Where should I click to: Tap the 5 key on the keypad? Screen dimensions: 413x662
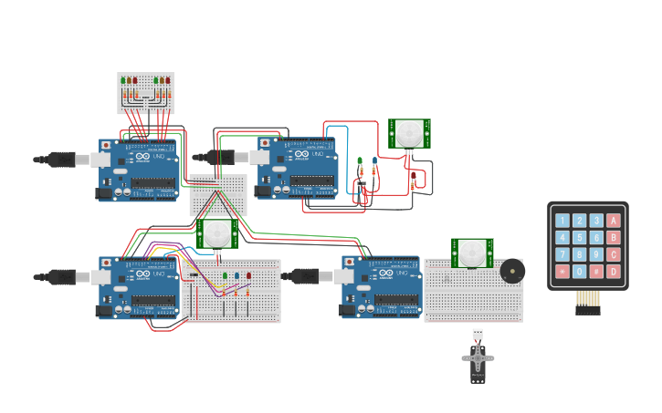579,238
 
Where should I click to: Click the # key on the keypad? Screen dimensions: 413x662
596,272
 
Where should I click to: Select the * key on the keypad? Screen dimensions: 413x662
562,272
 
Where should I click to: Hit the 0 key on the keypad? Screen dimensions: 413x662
579,272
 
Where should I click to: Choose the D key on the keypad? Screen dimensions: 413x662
614,272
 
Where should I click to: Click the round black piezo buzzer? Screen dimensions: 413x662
512,271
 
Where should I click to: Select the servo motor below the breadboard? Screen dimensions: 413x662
478,358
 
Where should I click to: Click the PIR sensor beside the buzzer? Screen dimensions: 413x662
472,253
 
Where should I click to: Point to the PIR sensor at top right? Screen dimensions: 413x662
409,133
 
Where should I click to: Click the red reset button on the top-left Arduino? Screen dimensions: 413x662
107,145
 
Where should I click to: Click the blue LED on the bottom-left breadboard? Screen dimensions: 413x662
236,275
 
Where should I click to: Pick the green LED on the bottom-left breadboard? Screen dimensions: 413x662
225,275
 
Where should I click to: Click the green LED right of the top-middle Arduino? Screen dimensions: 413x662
360,161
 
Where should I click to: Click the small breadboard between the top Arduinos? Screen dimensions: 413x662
218,194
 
